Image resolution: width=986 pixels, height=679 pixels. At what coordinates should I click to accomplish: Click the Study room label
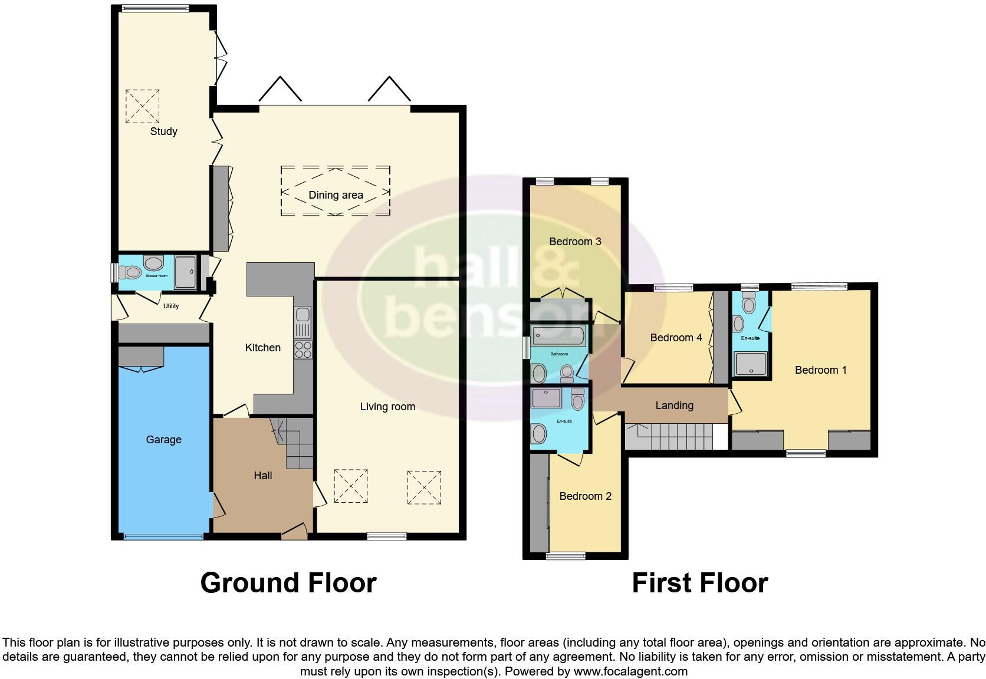point(163,131)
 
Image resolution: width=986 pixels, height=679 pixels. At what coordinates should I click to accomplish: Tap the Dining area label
point(336,195)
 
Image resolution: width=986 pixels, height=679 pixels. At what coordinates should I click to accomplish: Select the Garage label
point(163,440)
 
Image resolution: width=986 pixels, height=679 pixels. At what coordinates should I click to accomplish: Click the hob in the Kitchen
point(303,350)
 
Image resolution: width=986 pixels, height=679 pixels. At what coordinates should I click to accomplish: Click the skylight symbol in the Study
point(142,106)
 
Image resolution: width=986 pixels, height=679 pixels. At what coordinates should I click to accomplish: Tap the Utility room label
point(171,306)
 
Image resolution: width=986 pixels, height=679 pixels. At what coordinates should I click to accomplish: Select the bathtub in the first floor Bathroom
point(558,337)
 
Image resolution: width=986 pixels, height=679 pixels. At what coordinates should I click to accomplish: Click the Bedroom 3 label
point(575,242)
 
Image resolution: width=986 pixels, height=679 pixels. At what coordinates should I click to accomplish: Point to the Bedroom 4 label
point(676,338)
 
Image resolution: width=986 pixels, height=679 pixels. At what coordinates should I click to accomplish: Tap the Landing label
point(674,406)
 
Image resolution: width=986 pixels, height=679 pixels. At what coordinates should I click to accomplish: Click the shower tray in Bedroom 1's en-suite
point(750,364)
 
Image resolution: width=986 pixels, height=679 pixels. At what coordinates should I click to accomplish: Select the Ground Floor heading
point(288,583)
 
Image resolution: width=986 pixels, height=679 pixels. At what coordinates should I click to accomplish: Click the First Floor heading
point(699,583)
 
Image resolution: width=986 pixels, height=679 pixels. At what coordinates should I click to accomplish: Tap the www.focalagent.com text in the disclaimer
point(630,671)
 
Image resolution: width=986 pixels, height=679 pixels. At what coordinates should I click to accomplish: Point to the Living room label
point(387,407)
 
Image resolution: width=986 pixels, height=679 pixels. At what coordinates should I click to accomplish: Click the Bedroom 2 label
point(585,496)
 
